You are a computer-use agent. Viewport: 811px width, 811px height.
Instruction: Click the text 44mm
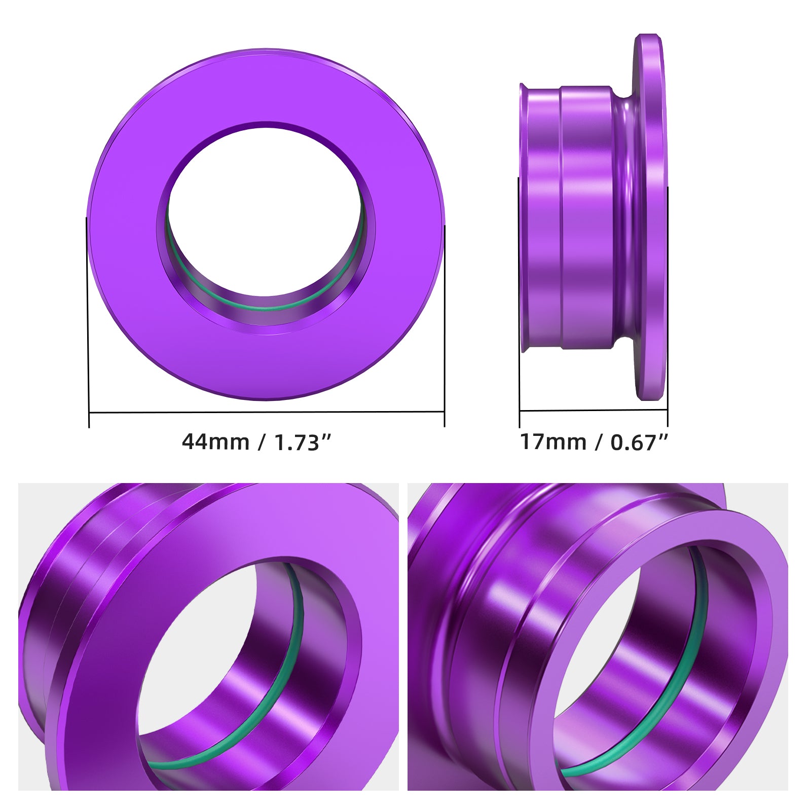215,442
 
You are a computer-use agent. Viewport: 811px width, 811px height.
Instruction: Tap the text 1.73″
303,443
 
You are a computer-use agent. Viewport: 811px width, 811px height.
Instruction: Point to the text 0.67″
640,442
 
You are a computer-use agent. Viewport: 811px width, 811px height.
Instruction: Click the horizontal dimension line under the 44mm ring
266,412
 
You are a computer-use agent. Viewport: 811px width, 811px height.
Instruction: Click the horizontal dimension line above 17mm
593,410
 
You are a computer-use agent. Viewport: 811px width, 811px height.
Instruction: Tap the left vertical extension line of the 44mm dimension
88,324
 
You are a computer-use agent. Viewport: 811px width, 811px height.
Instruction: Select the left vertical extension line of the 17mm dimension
519,304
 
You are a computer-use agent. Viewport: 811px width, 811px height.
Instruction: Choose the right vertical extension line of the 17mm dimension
668,304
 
